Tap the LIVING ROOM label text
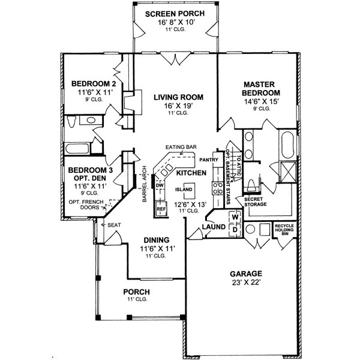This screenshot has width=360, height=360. click(x=178, y=97)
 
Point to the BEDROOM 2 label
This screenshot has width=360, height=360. click(x=93, y=83)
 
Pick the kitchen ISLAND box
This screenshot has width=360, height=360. click(x=184, y=190)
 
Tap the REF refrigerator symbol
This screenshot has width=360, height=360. click(x=161, y=210)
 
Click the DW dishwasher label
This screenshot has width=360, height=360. click(x=160, y=185)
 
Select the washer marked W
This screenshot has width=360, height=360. click(x=235, y=218)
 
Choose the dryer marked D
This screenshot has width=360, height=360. click(x=235, y=229)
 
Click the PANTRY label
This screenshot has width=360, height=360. click(x=208, y=160)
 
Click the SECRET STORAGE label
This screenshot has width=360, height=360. click(x=255, y=202)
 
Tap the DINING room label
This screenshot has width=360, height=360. click(x=156, y=240)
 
